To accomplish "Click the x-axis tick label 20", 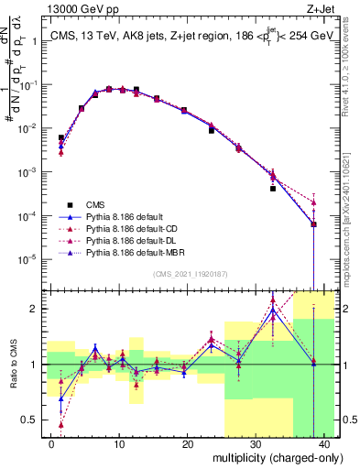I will pyautogui.click(x=187, y=443).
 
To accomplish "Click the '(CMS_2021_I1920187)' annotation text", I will pyautogui.click(x=190, y=274).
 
